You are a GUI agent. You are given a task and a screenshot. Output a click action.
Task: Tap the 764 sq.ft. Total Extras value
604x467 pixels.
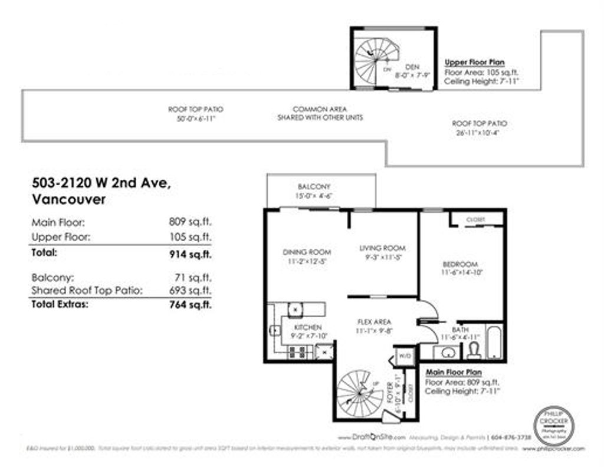189,305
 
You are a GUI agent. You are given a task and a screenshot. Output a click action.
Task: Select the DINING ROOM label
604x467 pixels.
306,252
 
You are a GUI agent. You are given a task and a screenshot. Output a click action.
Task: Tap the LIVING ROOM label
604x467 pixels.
382,248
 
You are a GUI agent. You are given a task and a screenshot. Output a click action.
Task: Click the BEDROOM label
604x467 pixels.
459,264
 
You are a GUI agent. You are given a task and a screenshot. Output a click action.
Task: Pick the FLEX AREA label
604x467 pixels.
375,322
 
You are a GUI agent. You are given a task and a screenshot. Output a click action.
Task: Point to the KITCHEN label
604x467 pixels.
307,327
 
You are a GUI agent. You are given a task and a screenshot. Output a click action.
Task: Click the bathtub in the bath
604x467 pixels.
494,343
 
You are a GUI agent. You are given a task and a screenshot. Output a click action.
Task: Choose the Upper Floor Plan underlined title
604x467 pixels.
474,62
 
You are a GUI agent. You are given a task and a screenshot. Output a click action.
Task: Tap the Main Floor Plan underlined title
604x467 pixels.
454,373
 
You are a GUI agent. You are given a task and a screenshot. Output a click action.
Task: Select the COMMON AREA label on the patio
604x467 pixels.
320,110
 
